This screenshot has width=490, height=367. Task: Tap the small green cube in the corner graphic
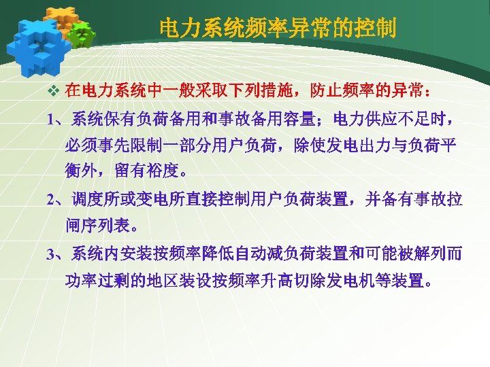point(81,33)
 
